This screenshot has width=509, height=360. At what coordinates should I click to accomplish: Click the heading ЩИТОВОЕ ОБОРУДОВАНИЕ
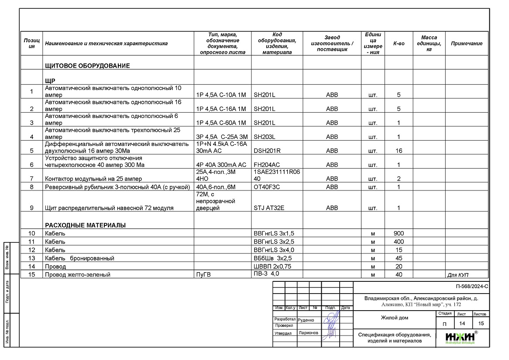pos(87,66)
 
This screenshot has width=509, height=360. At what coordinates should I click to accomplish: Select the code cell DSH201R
pos(267,151)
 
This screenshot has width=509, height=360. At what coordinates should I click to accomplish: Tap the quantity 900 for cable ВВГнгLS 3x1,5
pos(399,233)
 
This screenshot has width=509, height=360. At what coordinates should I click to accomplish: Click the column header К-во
pos(399,43)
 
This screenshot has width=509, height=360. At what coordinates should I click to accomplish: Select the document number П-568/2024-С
pos(471,287)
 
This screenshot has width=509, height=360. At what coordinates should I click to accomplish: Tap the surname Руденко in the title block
pos(306,320)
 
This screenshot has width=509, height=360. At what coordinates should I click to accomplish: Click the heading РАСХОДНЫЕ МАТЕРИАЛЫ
pos(85,225)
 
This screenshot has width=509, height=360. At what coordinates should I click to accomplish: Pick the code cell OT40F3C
pos(267,187)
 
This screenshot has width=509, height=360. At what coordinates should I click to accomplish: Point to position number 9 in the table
pos(31,208)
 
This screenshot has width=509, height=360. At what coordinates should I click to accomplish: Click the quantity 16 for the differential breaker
pos(399,151)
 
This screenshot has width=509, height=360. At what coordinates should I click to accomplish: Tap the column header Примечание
pos(467,43)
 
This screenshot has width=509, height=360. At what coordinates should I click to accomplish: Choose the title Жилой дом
pos(394,318)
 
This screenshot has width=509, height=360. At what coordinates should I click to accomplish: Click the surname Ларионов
pos(309,332)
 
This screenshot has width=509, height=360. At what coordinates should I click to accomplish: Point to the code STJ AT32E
pos(269,208)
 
